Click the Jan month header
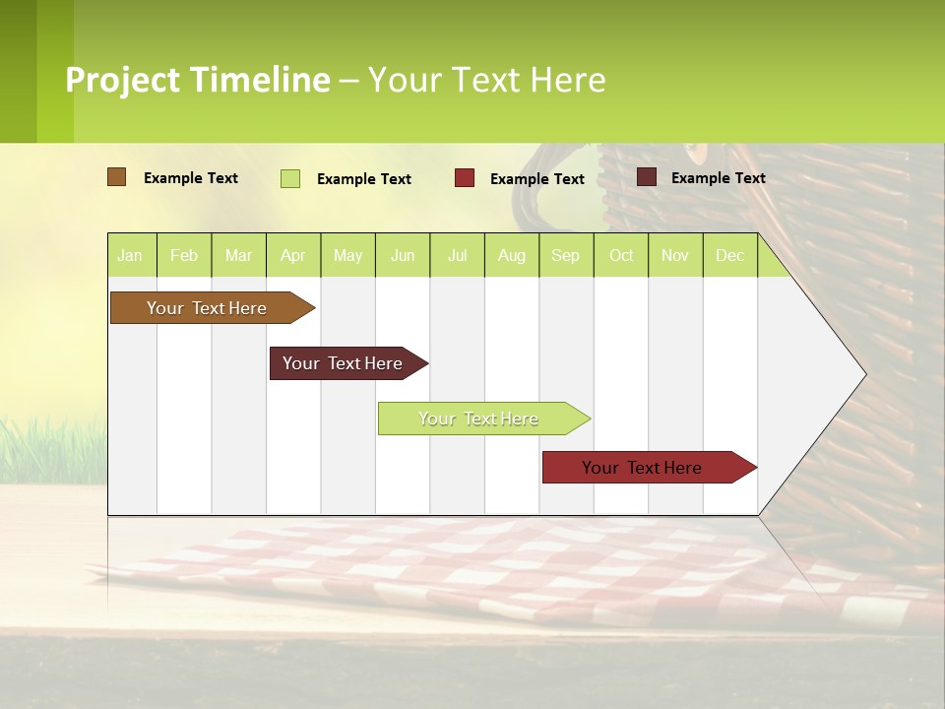(x=130, y=255)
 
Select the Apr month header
(x=292, y=255)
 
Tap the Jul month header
(x=457, y=255)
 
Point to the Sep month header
(x=565, y=255)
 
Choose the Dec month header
(x=729, y=255)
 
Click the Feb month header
(x=184, y=255)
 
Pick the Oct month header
(x=621, y=255)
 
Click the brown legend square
(x=116, y=177)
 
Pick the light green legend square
(x=290, y=178)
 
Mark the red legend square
(x=465, y=178)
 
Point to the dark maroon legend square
(x=647, y=177)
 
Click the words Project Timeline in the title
(x=198, y=80)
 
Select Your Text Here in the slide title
(x=486, y=80)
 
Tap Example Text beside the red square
(x=537, y=179)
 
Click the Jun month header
(x=403, y=255)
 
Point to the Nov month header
(x=675, y=255)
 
